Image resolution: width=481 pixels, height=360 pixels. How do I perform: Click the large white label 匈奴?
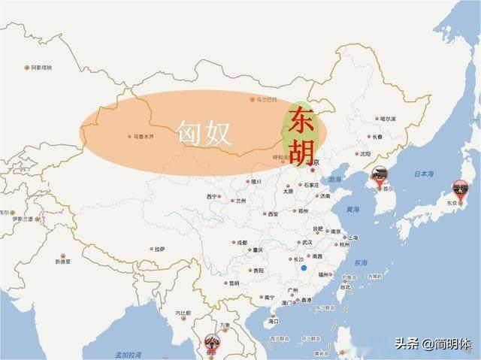(x=203, y=132)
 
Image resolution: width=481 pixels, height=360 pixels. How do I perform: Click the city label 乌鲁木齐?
(x=142, y=137)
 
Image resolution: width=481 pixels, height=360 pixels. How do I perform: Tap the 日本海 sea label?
(x=424, y=174)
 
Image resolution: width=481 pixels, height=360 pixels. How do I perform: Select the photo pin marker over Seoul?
(x=377, y=177)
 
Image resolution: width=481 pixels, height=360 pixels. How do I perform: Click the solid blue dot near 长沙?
(x=303, y=268)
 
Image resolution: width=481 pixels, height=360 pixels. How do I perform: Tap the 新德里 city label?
(x=62, y=262)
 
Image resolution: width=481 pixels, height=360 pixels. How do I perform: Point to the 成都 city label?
(x=241, y=243)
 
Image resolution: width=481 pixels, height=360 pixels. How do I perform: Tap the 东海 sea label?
(x=361, y=263)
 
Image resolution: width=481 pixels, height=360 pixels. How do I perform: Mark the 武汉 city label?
(x=306, y=243)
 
